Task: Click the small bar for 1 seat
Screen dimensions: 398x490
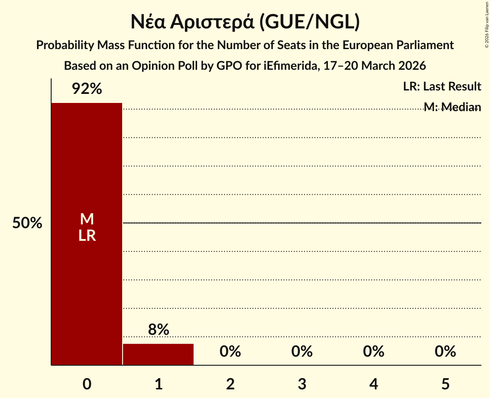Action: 158,354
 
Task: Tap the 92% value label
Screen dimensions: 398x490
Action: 87,89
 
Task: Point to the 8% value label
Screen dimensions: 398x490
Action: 158,330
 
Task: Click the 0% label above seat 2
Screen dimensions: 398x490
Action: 230,351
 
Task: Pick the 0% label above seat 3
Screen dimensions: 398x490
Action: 302,351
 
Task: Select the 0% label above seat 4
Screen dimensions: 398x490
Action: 373,351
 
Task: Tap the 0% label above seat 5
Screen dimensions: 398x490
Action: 445,351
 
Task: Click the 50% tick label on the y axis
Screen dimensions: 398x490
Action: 27,223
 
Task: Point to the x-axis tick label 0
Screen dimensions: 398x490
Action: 87,384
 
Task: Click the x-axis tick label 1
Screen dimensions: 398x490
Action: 158,384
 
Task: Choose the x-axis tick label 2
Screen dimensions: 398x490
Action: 230,384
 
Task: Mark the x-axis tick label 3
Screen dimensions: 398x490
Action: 302,384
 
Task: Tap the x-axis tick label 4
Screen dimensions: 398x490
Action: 373,384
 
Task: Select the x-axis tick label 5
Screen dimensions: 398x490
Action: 445,384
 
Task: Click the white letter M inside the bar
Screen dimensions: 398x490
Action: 87,219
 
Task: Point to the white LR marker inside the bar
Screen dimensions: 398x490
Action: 87,236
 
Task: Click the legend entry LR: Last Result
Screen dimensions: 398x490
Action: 442,87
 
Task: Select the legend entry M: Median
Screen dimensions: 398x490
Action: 452,107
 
